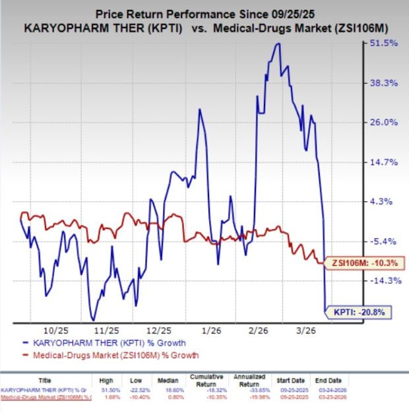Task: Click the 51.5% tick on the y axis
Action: click(383, 43)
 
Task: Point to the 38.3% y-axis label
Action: click(383, 82)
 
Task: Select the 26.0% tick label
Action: click(383, 122)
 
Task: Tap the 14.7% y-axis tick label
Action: click(383, 162)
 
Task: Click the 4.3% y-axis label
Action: click(385, 201)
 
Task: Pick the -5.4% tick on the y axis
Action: click(384, 241)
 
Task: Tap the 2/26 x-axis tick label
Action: click(259, 329)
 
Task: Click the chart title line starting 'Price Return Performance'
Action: click(204, 13)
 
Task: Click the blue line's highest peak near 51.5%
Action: click(278, 44)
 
